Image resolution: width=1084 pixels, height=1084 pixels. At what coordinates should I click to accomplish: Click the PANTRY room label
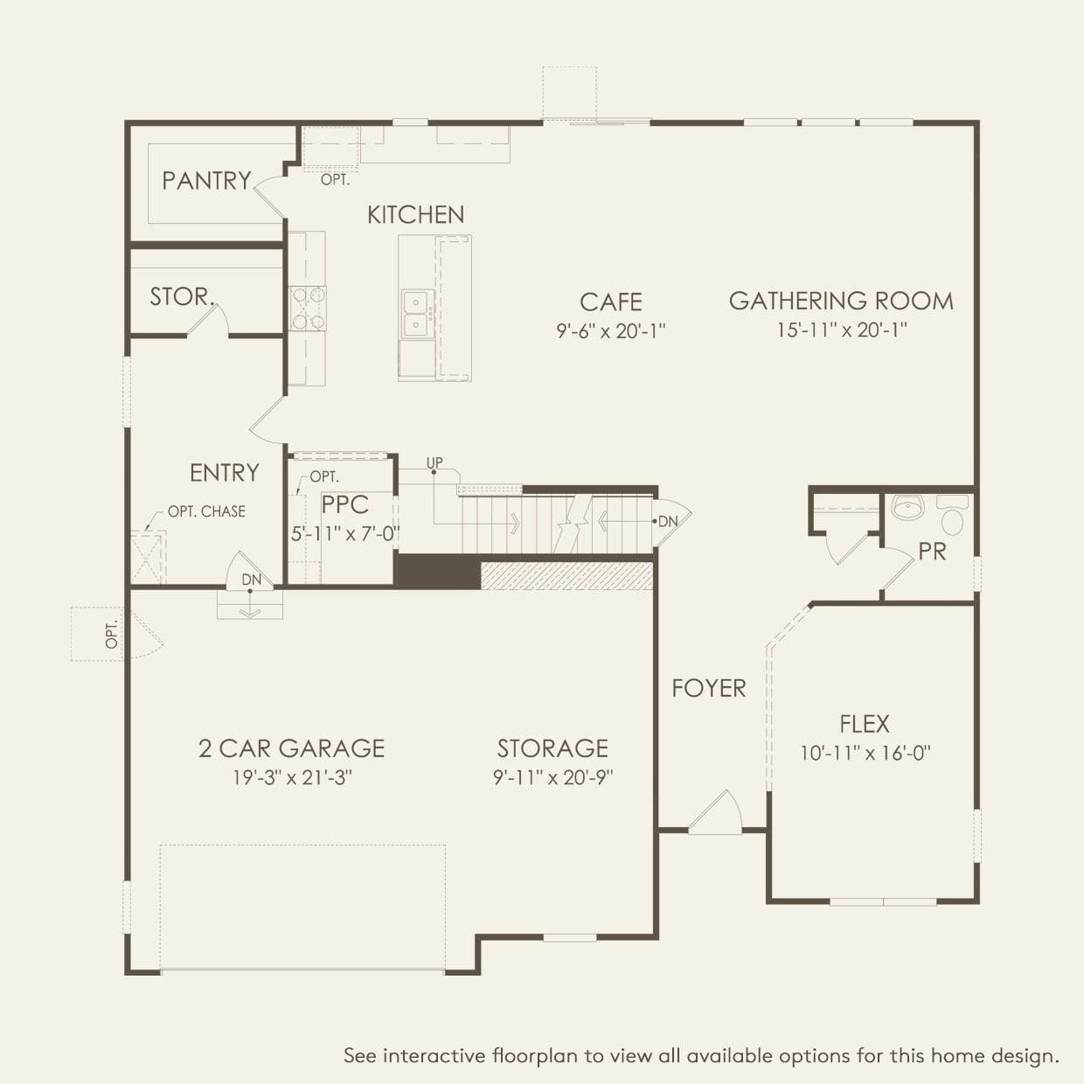tap(206, 181)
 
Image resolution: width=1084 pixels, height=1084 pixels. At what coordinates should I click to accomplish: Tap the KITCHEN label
tap(416, 215)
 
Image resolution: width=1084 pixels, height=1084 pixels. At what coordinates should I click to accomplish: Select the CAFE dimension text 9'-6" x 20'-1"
tap(611, 330)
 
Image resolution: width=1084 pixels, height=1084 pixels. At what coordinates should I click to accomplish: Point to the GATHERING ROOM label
tap(841, 301)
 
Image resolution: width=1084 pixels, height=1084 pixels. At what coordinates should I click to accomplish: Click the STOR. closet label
tap(182, 296)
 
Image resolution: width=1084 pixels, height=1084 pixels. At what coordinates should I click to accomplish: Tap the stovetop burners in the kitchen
tap(308, 308)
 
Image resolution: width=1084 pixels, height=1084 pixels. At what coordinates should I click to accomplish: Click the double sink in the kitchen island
tap(416, 314)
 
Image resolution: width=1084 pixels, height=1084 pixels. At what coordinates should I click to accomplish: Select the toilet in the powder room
tap(952, 515)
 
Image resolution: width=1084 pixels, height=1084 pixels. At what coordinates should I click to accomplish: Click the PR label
tap(932, 552)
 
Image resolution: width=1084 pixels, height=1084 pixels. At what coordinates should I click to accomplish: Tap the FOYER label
tap(709, 688)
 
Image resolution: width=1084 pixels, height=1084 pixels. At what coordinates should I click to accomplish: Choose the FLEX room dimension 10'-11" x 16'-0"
tap(865, 753)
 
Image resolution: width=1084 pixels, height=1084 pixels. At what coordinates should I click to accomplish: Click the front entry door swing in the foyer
tap(716, 812)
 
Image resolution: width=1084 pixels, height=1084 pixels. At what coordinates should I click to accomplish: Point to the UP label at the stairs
tap(434, 462)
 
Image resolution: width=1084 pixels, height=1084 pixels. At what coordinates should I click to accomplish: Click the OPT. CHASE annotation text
tap(206, 511)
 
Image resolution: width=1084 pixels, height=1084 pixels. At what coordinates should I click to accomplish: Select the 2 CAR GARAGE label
tap(291, 748)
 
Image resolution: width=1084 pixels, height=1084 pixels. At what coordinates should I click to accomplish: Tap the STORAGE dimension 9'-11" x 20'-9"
tap(553, 777)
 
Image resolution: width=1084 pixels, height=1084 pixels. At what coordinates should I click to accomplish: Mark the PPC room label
tap(344, 504)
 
